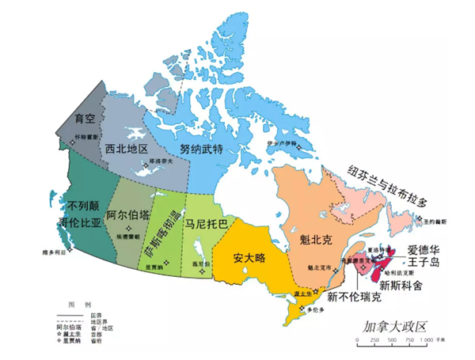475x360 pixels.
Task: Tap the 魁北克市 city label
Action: (321, 267)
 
